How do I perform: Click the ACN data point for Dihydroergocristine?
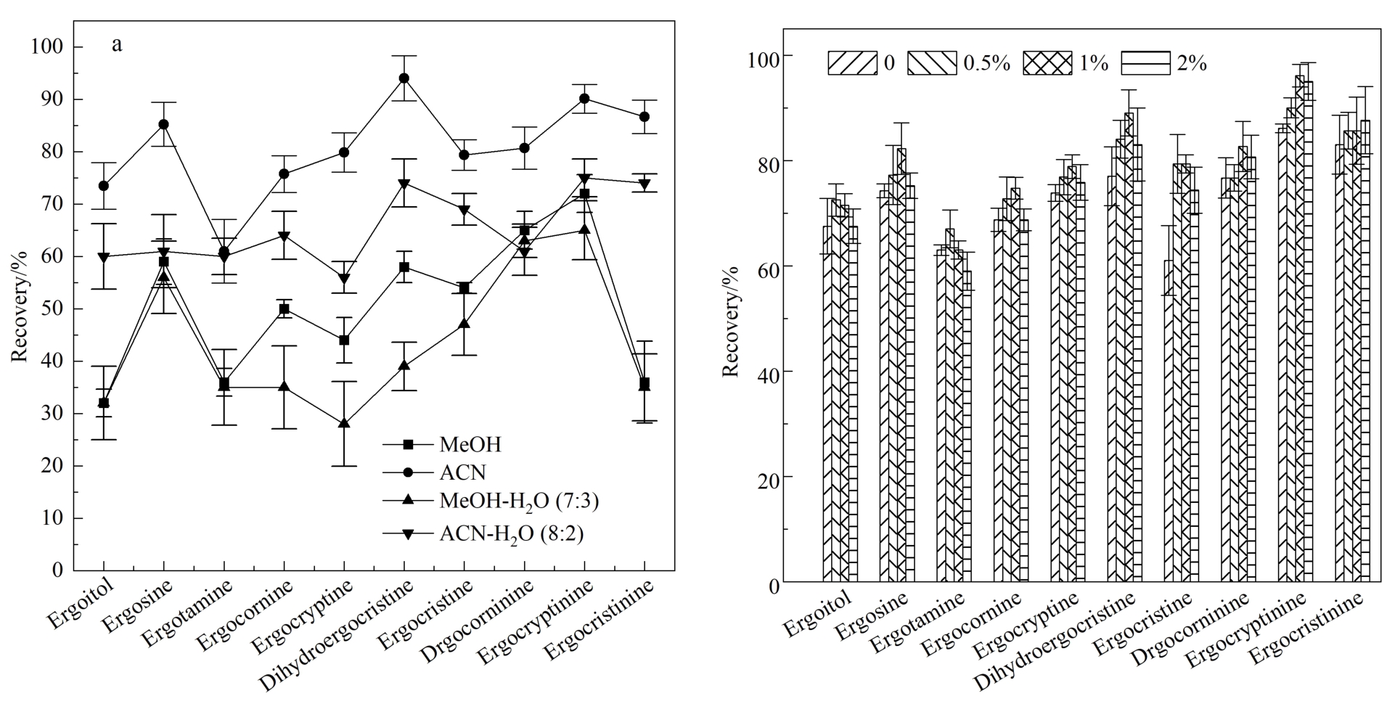(x=404, y=78)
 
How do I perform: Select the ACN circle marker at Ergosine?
(x=164, y=124)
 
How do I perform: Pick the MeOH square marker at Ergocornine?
(x=284, y=308)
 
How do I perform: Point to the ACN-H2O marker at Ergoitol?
(x=104, y=258)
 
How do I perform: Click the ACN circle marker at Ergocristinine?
(x=645, y=116)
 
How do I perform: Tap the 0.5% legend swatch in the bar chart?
(x=930, y=63)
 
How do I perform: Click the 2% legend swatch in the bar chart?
(x=1146, y=63)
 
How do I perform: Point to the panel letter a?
(x=117, y=45)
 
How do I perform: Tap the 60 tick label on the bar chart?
(x=758, y=267)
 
